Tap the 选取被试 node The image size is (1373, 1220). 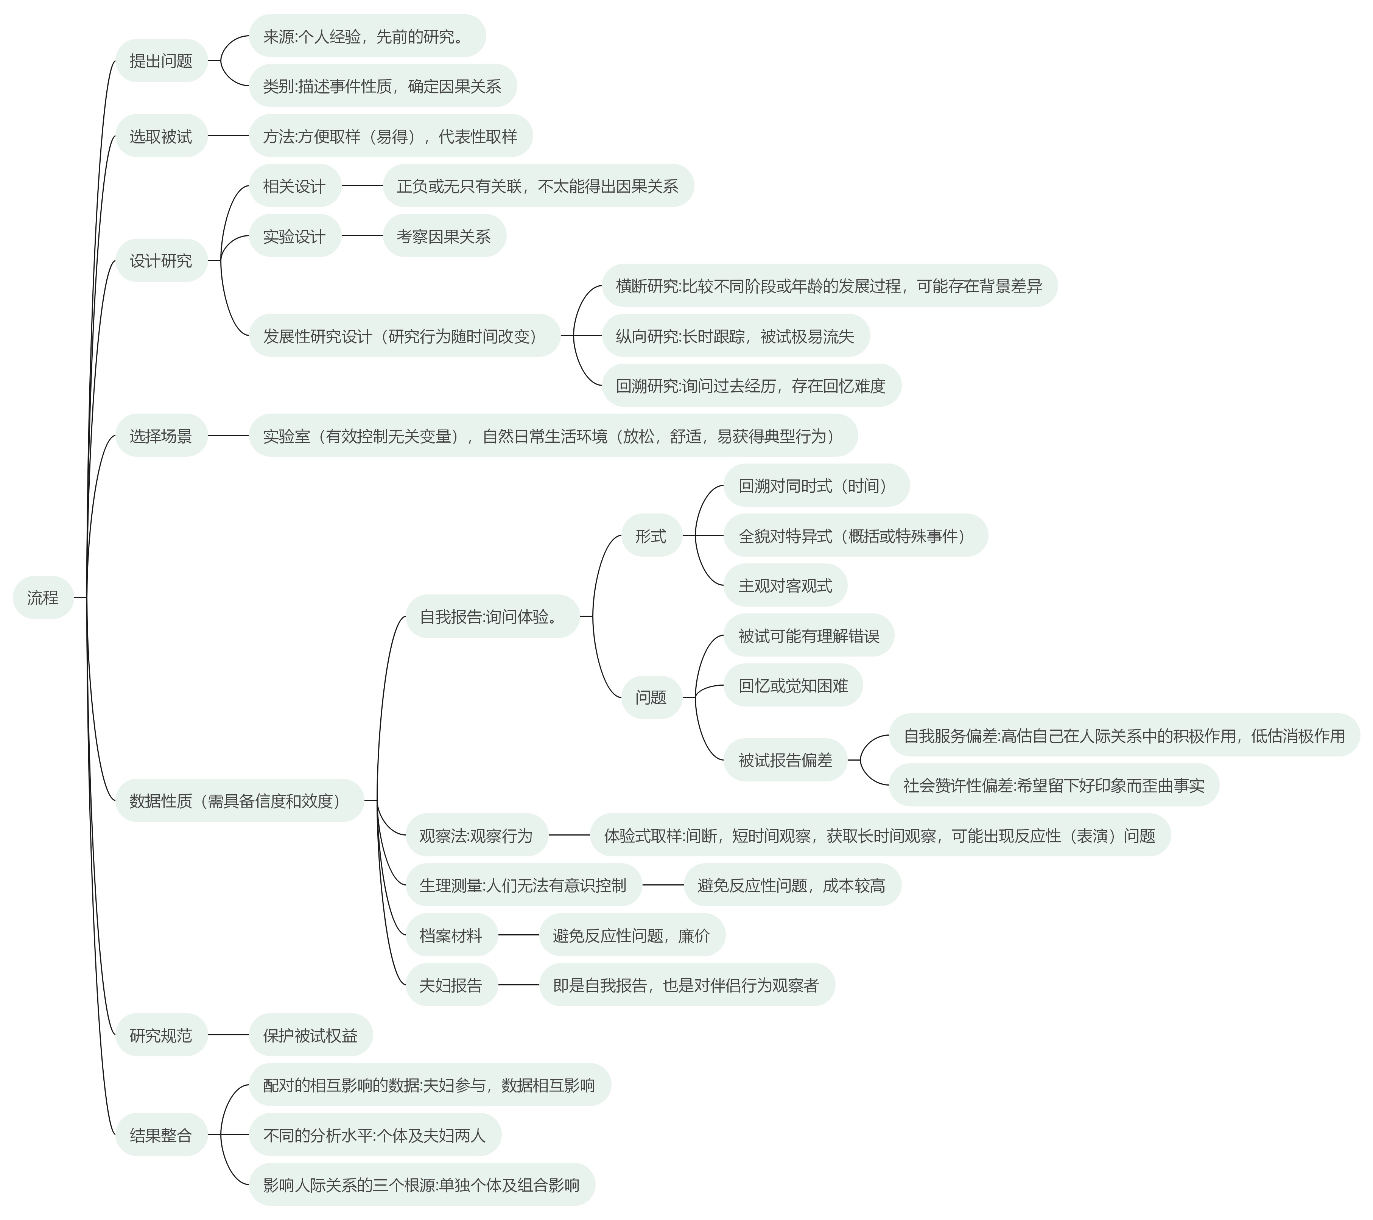(x=161, y=136)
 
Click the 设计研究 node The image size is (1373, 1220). (x=161, y=261)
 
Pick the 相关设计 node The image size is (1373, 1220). (x=294, y=186)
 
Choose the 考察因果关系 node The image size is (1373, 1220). (x=444, y=236)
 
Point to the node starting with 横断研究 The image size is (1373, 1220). (x=829, y=286)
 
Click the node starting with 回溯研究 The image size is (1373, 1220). (x=750, y=386)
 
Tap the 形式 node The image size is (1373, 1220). (x=651, y=535)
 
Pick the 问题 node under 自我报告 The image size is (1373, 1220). (x=651, y=697)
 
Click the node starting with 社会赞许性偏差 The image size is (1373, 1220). (x=1053, y=785)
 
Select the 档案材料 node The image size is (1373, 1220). (x=451, y=935)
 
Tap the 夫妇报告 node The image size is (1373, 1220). (x=451, y=985)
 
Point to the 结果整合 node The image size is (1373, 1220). (x=161, y=1135)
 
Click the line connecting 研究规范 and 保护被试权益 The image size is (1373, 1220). (x=228, y=1035)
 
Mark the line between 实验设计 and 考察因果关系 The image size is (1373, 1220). (x=362, y=236)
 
